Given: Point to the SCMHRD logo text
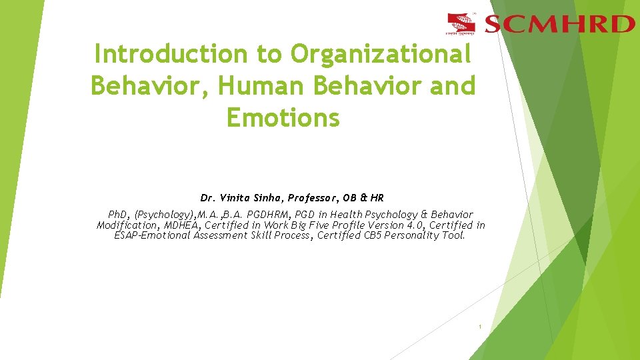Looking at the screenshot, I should [x=559, y=25].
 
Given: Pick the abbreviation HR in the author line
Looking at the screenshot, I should [x=377, y=198].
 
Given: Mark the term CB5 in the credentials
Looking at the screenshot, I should [x=373, y=235].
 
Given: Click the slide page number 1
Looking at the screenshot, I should [x=479, y=327].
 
